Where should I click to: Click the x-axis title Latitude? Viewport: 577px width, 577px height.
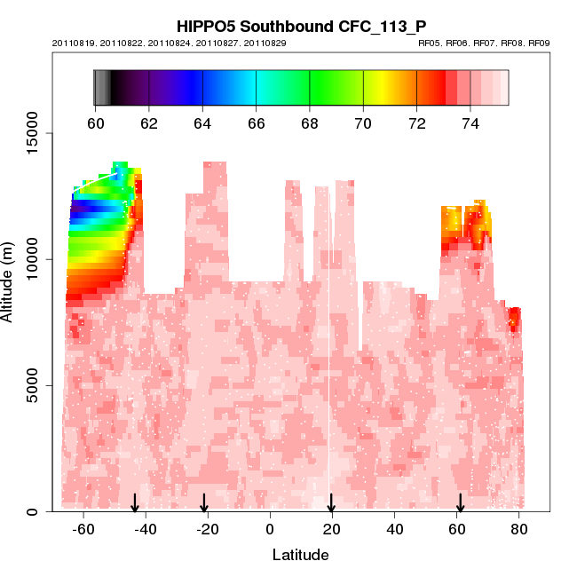(x=300, y=556)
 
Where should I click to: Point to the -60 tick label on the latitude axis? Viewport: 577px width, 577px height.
(x=83, y=531)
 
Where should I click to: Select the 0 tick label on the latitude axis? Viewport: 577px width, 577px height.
(x=270, y=531)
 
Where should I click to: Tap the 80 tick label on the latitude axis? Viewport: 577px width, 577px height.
(x=519, y=531)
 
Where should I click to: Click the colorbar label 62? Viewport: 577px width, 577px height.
(x=149, y=123)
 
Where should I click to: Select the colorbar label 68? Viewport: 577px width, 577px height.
(x=310, y=123)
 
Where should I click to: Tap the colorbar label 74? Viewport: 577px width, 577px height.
(x=470, y=123)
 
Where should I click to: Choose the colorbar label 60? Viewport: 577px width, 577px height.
(x=95, y=123)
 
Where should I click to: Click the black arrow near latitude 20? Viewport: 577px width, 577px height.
(x=331, y=503)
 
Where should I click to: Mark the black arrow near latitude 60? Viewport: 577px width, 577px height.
(x=460, y=503)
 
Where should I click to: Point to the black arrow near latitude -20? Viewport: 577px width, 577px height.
(x=204, y=503)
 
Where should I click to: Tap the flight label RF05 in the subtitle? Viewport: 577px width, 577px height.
(x=429, y=43)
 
